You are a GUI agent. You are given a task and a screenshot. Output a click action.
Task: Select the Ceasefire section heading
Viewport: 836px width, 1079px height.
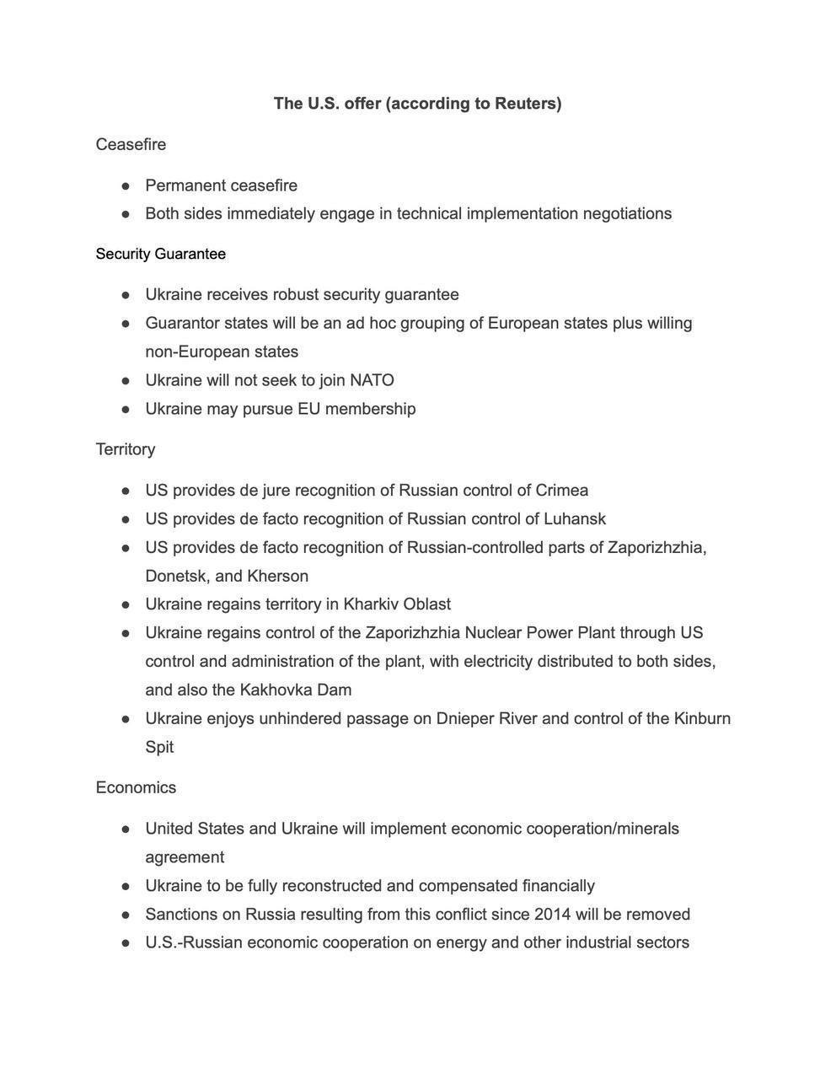(131, 144)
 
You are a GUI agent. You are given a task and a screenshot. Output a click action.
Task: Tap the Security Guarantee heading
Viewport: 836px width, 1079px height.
(160, 254)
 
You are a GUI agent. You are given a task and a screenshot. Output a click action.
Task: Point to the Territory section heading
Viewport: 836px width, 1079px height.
(125, 449)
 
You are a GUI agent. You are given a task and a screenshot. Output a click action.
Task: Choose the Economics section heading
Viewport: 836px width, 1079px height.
(136, 787)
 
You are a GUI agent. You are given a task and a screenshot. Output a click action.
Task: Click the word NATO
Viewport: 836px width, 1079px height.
(372, 380)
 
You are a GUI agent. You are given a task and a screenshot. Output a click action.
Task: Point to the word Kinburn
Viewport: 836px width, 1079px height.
(702, 719)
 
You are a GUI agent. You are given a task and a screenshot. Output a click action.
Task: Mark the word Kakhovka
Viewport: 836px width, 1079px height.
(276, 690)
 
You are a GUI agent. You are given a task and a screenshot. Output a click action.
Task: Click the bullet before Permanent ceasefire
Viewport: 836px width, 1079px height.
(126, 185)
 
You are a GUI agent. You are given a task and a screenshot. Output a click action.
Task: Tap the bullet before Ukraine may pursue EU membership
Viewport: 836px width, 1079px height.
(126, 410)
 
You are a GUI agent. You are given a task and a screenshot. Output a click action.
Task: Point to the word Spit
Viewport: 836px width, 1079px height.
(159, 748)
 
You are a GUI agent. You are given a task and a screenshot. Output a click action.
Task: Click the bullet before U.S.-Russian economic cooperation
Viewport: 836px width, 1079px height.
(126, 943)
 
